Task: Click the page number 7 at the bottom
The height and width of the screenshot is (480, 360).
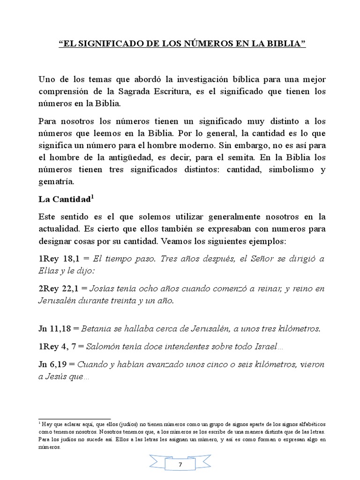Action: click(x=180, y=465)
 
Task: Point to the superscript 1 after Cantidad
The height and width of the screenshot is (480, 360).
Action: click(x=93, y=197)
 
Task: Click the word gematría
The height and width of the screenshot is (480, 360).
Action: click(x=58, y=181)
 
